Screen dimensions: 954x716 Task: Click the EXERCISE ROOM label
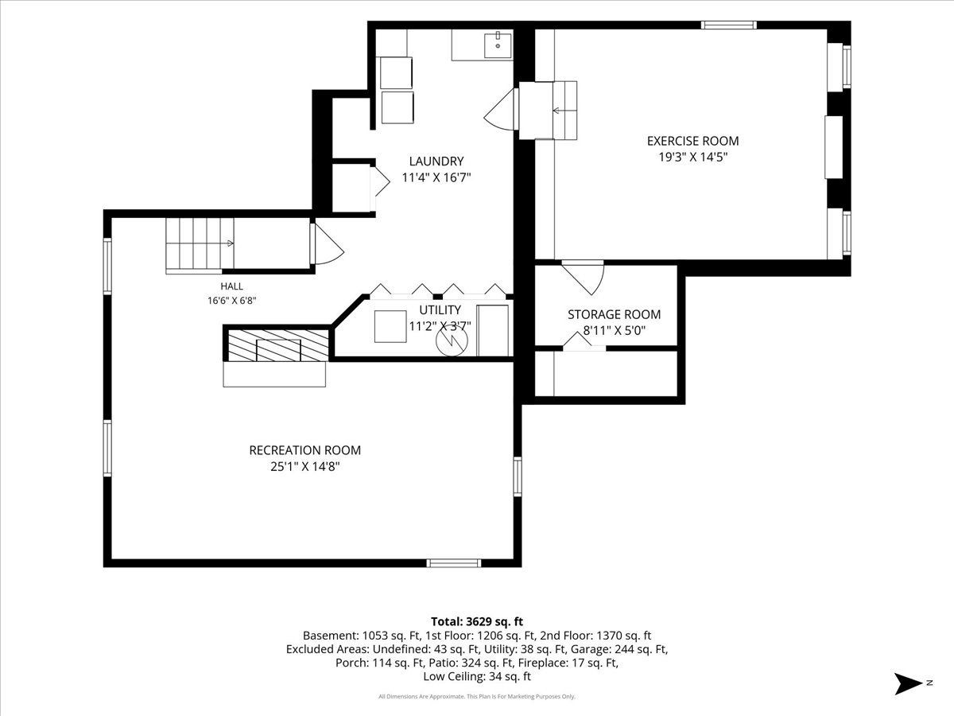[692, 141]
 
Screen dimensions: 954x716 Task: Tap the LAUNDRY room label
[436, 161]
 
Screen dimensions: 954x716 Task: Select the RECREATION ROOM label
[304, 450]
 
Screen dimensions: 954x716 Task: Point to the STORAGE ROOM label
[614, 314]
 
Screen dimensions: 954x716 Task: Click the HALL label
[231, 286]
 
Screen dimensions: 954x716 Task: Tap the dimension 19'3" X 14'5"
[692, 157]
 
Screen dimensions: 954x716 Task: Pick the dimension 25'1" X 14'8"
[304, 466]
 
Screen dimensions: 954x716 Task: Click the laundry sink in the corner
[498, 45]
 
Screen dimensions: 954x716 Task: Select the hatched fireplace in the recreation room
[278, 345]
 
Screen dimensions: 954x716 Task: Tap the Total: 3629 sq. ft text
[477, 621]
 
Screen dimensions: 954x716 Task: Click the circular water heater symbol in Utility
[452, 340]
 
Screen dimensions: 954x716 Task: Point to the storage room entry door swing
[583, 278]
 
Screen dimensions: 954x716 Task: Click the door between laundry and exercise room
[501, 109]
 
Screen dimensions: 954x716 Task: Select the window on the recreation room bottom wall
[453, 563]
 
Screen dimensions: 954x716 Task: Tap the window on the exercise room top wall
[729, 25]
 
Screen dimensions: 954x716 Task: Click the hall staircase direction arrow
[229, 243]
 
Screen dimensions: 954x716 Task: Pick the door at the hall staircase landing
[327, 244]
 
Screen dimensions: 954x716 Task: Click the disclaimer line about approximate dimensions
[477, 697]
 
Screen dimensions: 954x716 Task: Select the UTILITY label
[440, 310]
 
